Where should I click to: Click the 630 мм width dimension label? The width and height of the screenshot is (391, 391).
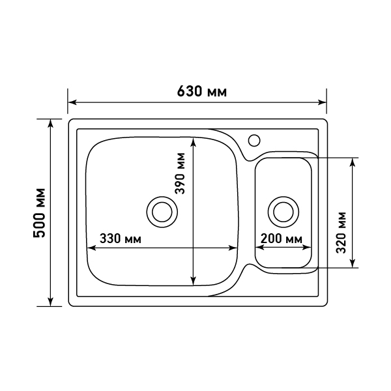click(x=202, y=91)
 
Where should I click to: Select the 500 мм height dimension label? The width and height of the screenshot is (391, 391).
click(x=40, y=213)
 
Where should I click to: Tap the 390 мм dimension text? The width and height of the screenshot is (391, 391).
click(x=180, y=173)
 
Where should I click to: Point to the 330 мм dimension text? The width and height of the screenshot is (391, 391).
click(x=121, y=239)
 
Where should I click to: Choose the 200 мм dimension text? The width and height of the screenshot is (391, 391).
click(x=282, y=239)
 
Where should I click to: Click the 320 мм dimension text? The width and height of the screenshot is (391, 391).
click(x=341, y=233)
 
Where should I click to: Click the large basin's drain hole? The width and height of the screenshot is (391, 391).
click(x=162, y=212)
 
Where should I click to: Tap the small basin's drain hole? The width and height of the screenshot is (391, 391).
click(x=283, y=212)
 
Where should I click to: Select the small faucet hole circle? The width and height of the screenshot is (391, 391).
click(x=254, y=140)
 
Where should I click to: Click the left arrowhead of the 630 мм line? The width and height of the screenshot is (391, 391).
click(x=72, y=102)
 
